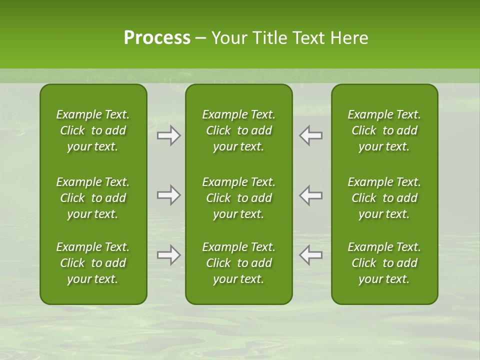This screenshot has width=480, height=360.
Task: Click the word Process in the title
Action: click(x=157, y=38)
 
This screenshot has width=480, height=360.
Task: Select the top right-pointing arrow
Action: click(x=169, y=135)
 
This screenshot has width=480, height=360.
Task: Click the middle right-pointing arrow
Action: click(x=169, y=195)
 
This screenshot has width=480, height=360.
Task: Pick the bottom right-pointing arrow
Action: click(x=169, y=255)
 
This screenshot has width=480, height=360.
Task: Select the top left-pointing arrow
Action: click(x=310, y=135)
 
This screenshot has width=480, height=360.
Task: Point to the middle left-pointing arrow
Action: click(x=310, y=195)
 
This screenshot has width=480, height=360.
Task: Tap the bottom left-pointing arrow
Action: click(x=310, y=255)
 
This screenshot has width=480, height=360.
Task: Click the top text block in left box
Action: click(x=93, y=130)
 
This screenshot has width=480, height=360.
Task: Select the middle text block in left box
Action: click(x=93, y=198)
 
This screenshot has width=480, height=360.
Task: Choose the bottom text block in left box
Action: click(x=93, y=263)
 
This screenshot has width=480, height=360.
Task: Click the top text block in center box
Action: click(x=238, y=130)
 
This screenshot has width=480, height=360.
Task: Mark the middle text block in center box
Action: click(x=238, y=198)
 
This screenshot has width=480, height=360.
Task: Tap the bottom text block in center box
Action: click(x=238, y=263)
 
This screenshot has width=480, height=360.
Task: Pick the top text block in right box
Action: click(x=384, y=130)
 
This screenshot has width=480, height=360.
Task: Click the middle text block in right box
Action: click(x=384, y=198)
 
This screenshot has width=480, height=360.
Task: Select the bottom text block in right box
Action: click(x=384, y=263)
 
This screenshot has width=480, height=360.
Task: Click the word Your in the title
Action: click(x=228, y=38)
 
